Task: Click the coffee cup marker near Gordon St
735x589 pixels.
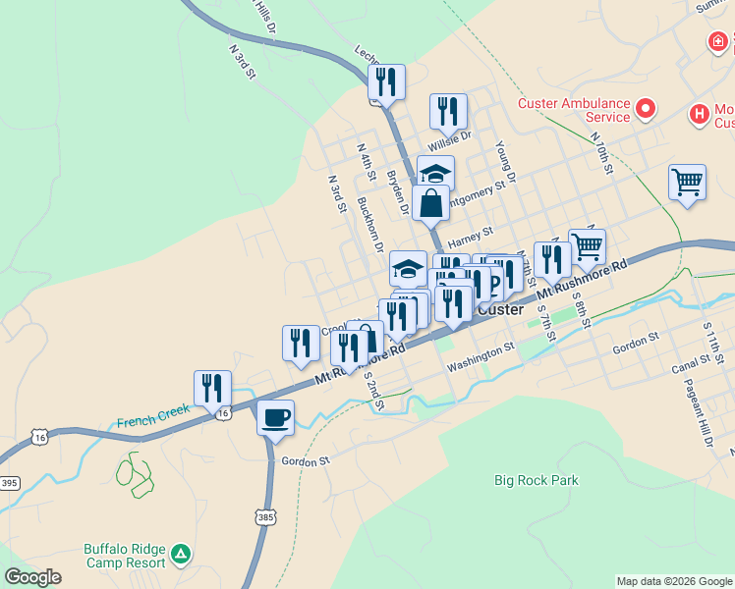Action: click(275, 417)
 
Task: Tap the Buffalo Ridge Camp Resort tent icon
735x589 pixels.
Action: click(180, 555)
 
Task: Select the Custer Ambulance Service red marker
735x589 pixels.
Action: click(646, 109)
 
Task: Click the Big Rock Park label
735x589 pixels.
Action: click(536, 480)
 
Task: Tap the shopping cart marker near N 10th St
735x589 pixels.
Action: click(687, 182)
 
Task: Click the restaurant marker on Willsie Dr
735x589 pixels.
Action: click(448, 112)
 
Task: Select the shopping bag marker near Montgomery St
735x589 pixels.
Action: click(431, 203)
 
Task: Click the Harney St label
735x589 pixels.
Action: click(470, 238)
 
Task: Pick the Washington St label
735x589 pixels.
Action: click(481, 356)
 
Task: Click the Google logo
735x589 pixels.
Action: click(33, 577)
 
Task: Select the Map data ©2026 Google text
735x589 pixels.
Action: click(674, 581)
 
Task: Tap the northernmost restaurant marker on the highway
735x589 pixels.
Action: click(386, 82)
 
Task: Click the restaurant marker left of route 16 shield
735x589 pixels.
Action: click(212, 388)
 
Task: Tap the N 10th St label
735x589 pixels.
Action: click(603, 153)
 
